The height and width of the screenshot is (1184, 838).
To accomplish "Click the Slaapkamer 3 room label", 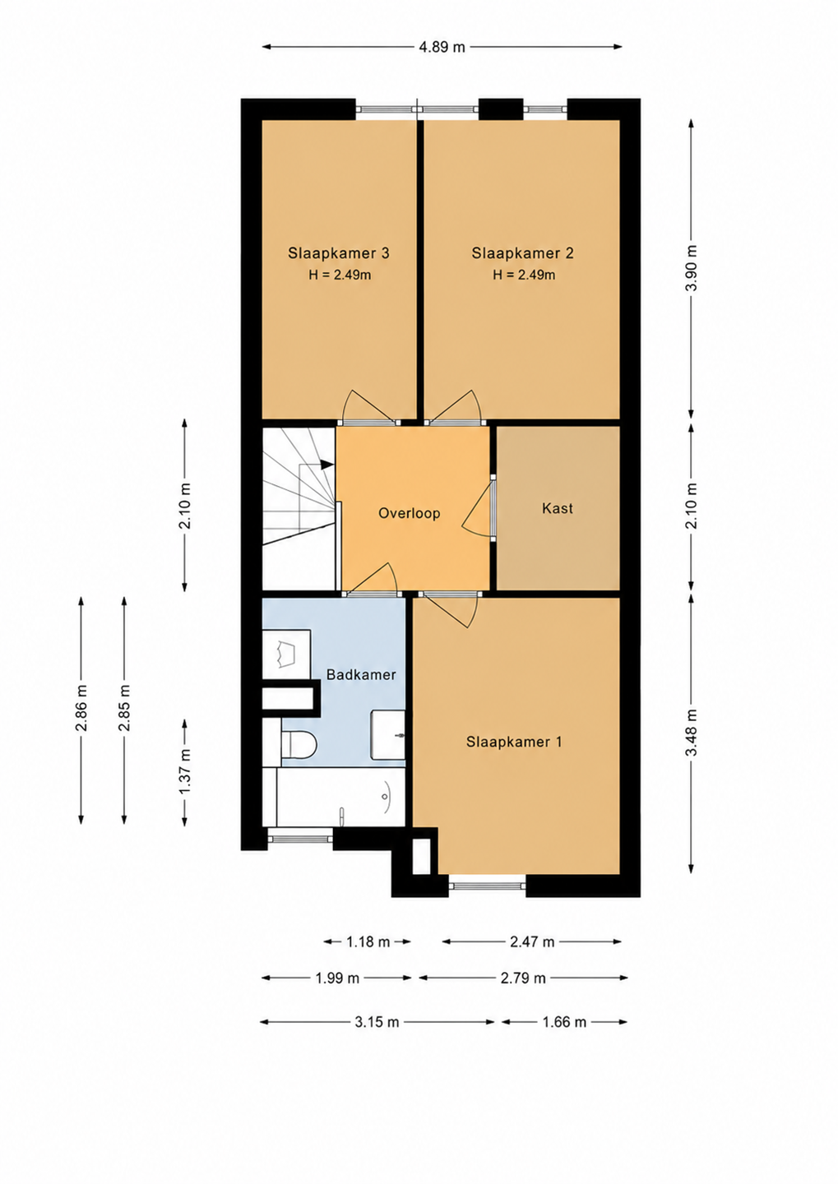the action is pos(338,253).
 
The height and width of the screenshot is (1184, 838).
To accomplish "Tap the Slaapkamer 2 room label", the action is pos(522,253).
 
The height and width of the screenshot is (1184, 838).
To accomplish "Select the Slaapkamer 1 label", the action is pos(514,742).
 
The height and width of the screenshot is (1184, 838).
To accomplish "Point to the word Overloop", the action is pos(410,513).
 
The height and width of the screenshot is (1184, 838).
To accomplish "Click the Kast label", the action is pos(558,508).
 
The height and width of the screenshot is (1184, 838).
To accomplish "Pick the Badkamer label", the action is pos(361,674).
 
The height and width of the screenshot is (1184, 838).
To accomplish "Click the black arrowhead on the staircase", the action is pos(327,464).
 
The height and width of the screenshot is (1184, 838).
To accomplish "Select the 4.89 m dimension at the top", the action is pos(442,47).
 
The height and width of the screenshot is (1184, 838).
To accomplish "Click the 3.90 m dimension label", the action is pos(692,269).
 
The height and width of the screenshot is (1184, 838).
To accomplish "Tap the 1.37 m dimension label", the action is pos(184,772).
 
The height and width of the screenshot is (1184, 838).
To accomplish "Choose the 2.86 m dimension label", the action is pos(81,708).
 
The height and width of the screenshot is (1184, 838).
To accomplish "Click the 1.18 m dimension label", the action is pos(368,941).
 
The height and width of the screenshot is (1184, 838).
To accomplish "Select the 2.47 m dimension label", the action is pos(532,941).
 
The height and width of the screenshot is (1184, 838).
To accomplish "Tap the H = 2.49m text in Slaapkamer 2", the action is pos(524,275).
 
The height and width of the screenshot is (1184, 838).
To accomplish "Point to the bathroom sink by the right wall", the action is pos(388,735).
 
